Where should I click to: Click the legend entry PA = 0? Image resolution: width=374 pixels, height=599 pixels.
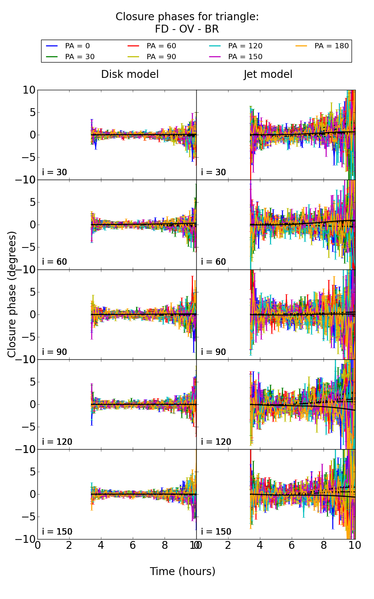point(77,46)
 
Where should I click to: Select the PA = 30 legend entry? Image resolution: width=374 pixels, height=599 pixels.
point(80,57)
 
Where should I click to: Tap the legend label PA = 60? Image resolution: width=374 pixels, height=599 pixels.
point(161,46)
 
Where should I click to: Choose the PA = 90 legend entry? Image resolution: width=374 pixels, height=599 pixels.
point(161,57)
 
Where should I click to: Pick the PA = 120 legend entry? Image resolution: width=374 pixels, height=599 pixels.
point(245,46)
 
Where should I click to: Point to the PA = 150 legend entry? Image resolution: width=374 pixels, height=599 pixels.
point(245,57)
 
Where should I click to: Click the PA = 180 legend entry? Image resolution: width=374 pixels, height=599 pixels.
point(331,46)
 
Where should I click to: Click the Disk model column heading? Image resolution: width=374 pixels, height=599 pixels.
point(130,74)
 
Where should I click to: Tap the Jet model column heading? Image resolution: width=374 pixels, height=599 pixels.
point(268,74)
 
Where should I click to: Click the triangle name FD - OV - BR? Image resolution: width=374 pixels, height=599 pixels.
point(187,29)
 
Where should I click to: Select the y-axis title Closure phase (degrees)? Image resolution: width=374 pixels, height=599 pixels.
point(12,294)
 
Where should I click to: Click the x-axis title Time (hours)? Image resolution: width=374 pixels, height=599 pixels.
point(183,571)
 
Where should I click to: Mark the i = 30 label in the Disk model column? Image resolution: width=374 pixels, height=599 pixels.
point(55,172)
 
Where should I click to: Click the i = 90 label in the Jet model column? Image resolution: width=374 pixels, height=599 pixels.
point(214,352)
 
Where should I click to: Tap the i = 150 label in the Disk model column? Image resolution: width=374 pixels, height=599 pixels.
point(57,532)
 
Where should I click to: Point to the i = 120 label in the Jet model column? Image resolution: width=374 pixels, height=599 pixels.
point(216,442)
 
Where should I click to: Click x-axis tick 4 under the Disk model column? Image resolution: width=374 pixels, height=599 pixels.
point(101,545)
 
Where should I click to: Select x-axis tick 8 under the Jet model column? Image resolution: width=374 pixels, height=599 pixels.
point(324,545)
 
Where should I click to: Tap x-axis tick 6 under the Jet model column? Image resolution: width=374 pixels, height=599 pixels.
point(292,545)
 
